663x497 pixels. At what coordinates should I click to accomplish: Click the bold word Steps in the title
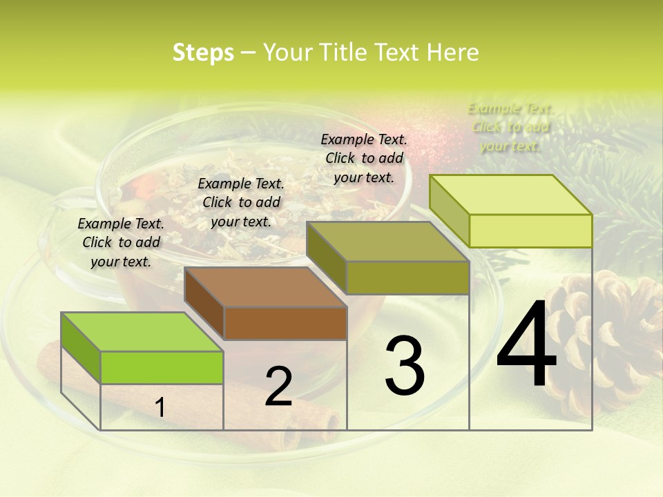(x=203, y=52)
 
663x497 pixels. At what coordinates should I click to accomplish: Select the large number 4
(x=526, y=344)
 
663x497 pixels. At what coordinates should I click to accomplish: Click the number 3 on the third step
(x=405, y=366)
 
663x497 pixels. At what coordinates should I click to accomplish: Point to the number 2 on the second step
(x=279, y=387)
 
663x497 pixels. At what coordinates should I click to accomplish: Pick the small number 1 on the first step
(x=160, y=408)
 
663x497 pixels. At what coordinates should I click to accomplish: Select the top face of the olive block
(x=387, y=241)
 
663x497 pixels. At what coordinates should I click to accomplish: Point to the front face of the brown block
(x=285, y=323)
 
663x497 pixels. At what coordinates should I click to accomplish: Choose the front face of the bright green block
(x=162, y=367)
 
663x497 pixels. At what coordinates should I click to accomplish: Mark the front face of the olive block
(x=407, y=277)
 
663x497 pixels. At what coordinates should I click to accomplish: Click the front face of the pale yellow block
(x=530, y=231)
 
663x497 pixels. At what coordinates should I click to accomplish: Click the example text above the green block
(x=121, y=242)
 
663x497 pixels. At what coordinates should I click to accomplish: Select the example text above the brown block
(x=241, y=202)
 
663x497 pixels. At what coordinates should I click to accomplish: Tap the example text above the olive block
(x=364, y=158)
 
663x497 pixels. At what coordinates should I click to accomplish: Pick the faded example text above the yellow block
(x=510, y=127)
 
